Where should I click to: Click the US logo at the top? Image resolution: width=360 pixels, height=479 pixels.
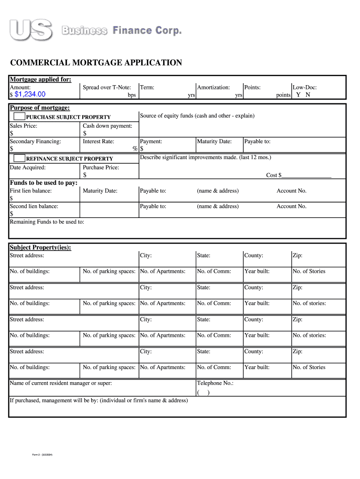(32, 30)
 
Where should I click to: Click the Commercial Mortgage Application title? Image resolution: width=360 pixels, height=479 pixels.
(96, 63)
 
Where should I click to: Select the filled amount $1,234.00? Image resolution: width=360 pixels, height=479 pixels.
(30, 94)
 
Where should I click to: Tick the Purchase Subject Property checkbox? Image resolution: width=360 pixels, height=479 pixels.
(19, 116)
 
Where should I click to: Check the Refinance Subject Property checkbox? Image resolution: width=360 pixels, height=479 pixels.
(19, 158)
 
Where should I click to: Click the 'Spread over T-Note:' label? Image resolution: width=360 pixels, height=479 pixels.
(107, 87)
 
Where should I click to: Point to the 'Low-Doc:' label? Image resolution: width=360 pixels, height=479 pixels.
(304, 87)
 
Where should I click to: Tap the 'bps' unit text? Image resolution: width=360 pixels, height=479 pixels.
(132, 95)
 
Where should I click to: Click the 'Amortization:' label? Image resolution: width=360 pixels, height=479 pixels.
(213, 87)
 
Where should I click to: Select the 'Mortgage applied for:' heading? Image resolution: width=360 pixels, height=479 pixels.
(41, 80)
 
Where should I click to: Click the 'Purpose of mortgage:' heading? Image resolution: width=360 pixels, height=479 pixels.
(40, 108)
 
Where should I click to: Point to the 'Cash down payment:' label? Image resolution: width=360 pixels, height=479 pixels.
(107, 126)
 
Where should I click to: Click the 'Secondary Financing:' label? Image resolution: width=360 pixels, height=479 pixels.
(36, 141)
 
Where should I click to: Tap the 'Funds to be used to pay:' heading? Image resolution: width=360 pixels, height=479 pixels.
(43, 183)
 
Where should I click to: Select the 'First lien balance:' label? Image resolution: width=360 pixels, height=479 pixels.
(31, 191)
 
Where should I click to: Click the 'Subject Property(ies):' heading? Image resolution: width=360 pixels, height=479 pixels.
(41, 247)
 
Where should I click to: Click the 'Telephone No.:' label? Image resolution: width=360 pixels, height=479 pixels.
(215, 384)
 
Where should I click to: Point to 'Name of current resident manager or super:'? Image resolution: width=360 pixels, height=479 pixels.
(61, 384)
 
